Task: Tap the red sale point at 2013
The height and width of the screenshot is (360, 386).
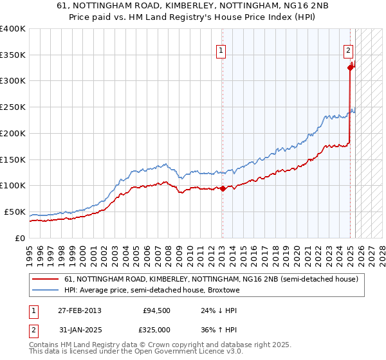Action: [223, 188]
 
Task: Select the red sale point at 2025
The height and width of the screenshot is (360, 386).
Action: [351, 67]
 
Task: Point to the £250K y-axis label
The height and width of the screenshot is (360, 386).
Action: [13, 107]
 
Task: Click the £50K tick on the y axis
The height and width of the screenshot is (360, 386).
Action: [15, 212]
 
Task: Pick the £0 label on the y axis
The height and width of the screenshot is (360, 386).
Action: [21, 238]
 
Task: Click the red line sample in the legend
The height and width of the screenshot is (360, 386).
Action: [45, 279]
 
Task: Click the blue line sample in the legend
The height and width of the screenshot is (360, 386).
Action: [45, 290]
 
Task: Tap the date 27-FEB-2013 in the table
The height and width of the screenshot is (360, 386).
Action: [79, 310]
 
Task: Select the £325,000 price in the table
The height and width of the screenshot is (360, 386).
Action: [157, 329]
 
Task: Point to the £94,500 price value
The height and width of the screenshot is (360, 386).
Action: [157, 310]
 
